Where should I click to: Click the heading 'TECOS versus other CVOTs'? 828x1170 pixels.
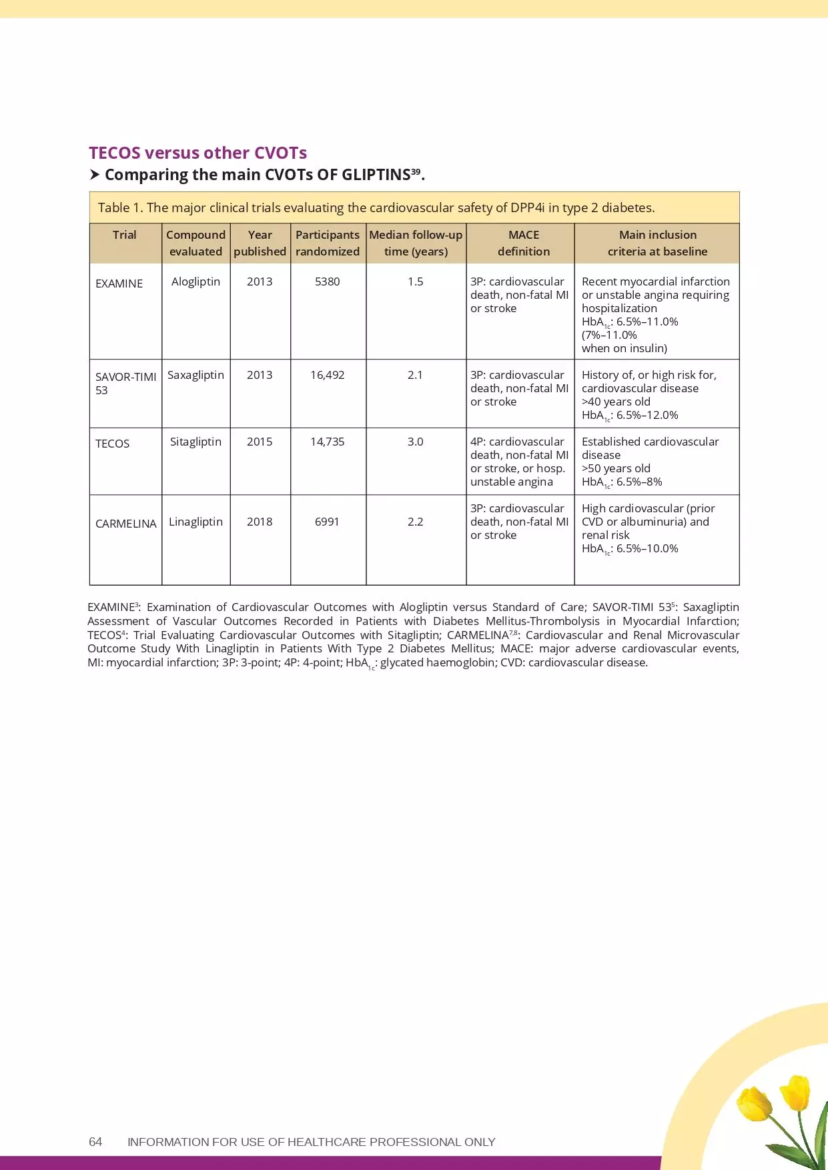[x=197, y=153]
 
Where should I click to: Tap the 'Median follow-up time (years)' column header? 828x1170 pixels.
[x=416, y=243]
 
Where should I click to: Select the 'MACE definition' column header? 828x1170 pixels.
[x=523, y=243]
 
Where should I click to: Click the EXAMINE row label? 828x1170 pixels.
[x=119, y=283]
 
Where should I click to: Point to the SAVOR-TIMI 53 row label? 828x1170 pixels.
[x=125, y=383]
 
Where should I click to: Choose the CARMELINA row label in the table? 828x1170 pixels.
[x=125, y=524]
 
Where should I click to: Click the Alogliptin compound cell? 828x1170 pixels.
[x=195, y=281]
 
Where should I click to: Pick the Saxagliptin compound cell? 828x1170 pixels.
[x=195, y=375]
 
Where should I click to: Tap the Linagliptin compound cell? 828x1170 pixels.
[x=195, y=522]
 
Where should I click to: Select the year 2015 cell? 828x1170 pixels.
[x=260, y=442]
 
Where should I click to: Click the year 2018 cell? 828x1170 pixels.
[x=260, y=522]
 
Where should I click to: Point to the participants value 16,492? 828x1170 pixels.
[x=327, y=375]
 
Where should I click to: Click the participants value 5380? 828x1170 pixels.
[x=327, y=281]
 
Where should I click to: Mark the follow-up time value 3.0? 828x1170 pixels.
[x=415, y=442]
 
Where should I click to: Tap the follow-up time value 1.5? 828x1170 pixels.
[x=415, y=281]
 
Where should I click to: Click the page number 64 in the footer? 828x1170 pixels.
[x=95, y=1141]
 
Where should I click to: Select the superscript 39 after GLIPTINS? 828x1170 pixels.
[x=416, y=171]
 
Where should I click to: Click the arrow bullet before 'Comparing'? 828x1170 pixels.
[x=95, y=175]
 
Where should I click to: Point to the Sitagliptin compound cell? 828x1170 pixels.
[x=195, y=442]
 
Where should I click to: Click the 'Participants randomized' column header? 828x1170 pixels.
[x=327, y=243]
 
